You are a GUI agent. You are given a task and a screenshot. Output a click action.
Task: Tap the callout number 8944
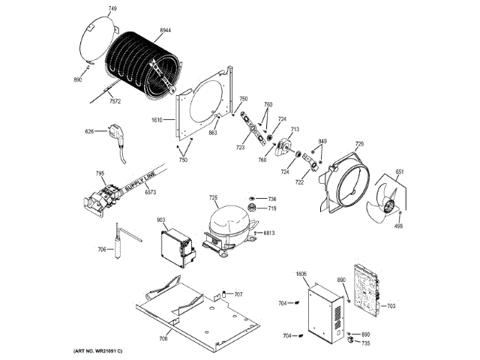(166, 29)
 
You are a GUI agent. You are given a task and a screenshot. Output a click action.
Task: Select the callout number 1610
(157, 120)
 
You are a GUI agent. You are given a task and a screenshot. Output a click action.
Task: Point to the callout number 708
(163, 339)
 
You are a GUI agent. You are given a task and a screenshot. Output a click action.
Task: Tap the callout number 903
(160, 220)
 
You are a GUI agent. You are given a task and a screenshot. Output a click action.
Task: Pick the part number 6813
(268, 233)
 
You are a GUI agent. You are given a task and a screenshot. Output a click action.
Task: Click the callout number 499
(399, 226)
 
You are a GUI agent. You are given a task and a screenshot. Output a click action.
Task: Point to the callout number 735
(365, 343)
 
